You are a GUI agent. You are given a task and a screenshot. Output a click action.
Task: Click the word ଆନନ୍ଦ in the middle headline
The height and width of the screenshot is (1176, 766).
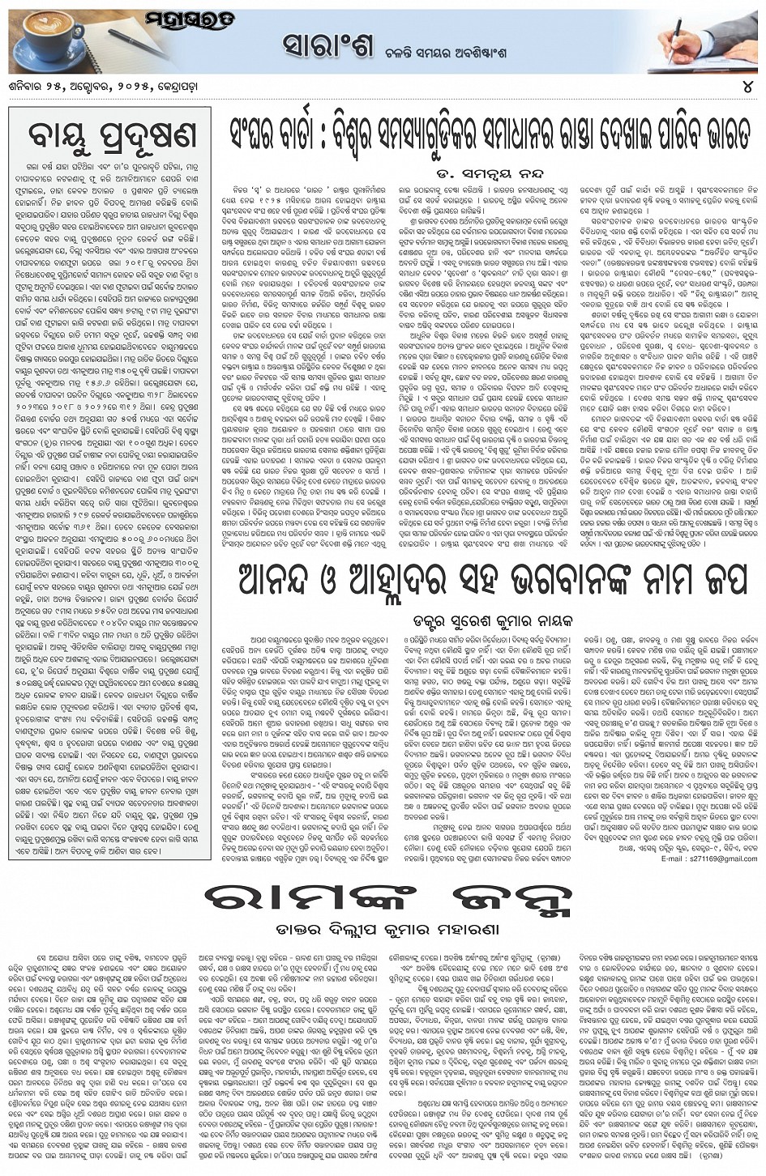coord(284,582)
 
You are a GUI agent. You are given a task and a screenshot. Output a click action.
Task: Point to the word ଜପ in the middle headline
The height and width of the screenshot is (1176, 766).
coord(717,582)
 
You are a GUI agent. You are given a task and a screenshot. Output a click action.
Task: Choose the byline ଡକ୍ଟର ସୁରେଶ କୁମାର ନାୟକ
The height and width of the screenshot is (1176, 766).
coord(493,621)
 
